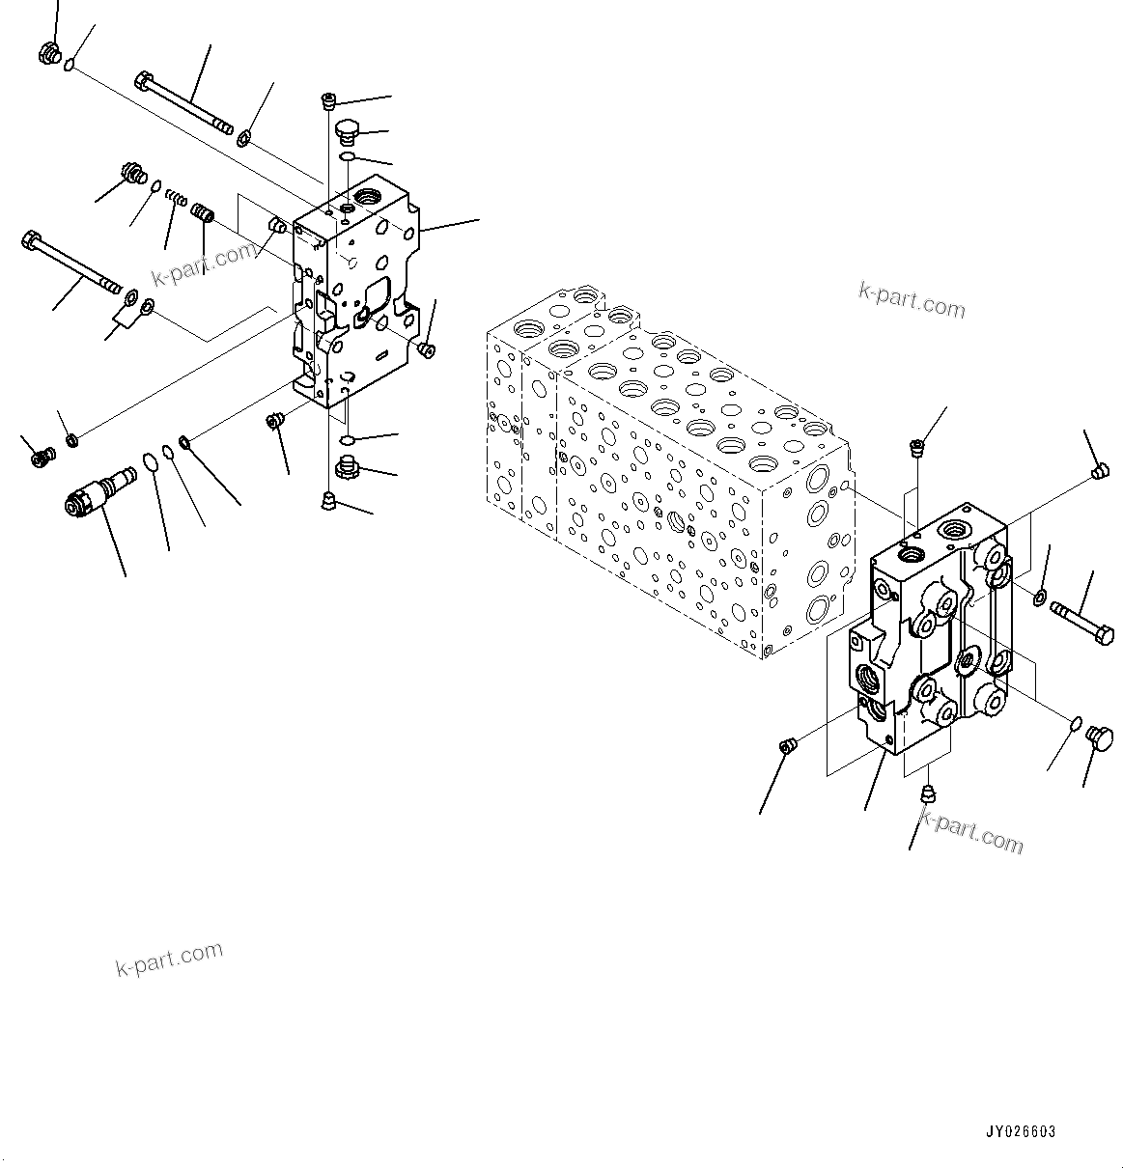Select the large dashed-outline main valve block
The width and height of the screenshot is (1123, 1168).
tap(666, 473)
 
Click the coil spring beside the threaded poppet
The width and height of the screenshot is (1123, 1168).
tap(176, 199)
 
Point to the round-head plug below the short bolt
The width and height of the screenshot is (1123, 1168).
tap(1099, 738)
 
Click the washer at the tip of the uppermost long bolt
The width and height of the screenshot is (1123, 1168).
tap(244, 139)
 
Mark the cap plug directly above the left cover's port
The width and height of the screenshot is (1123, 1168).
tap(347, 129)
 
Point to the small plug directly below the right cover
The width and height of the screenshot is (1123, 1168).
tap(929, 794)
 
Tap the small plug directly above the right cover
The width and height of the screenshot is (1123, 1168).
tap(917, 448)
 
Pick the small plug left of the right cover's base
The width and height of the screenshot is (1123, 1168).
tap(787, 745)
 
